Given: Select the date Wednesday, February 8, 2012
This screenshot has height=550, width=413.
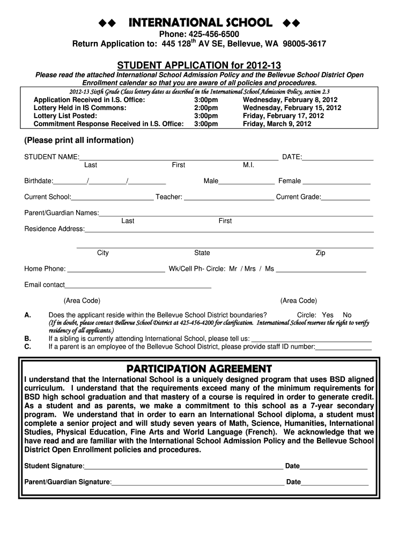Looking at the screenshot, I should point(290,100).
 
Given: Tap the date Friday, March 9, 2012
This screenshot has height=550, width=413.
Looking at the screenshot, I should point(277,124).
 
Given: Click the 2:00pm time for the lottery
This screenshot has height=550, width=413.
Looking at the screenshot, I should point(206,108).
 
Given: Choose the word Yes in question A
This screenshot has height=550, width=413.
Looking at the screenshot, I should point(328,315).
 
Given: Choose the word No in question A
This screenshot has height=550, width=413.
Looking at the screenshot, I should point(347,315).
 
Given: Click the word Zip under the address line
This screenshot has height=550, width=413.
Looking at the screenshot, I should point(320,253).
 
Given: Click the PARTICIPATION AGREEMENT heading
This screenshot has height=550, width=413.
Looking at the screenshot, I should point(199,369).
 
